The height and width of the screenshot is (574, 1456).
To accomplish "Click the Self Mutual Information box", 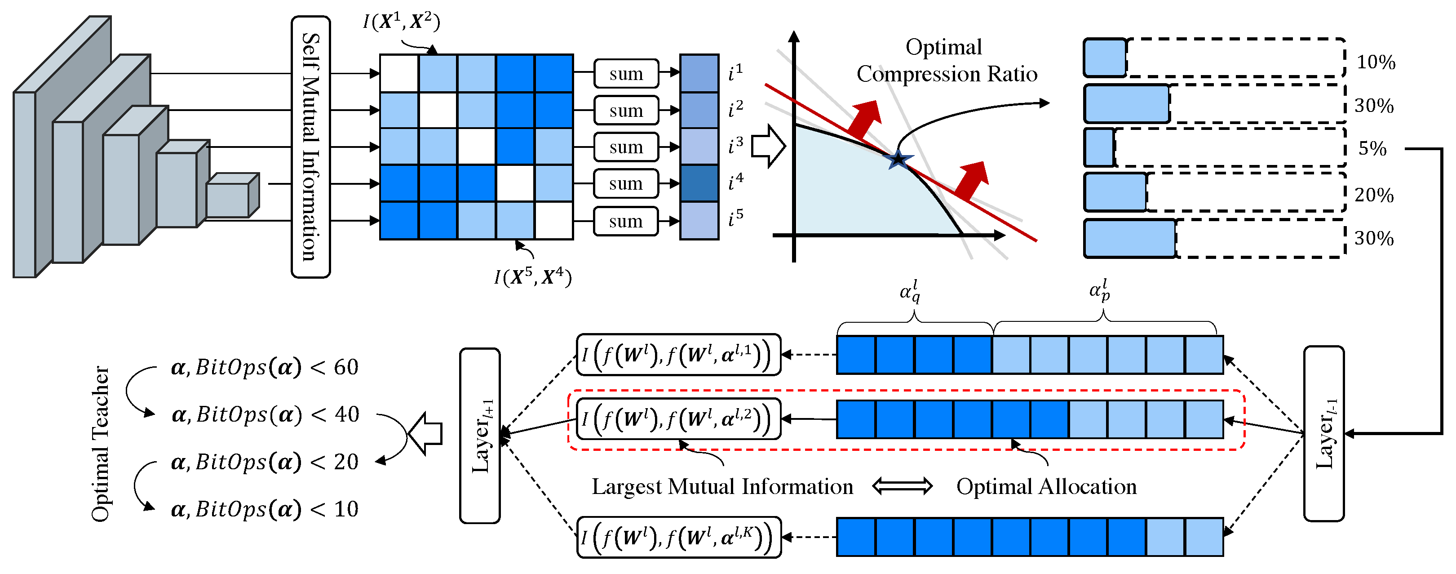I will tap(310, 147).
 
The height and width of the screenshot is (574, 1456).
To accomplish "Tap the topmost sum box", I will tap(626, 74).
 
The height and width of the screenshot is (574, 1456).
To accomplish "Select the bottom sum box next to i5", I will tap(626, 221).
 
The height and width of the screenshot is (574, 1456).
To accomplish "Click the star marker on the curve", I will tap(898, 160).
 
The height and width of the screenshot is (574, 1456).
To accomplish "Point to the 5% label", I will tap(1372, 149).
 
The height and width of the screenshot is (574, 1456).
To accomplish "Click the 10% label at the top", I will tap(1376, 62).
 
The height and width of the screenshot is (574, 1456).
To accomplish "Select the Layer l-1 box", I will tap(1324, 433).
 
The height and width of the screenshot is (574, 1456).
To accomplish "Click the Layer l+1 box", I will tap(480, 436).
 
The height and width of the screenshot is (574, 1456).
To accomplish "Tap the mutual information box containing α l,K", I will tap(678, 537).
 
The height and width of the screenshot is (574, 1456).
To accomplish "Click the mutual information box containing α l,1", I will tap(678, 355).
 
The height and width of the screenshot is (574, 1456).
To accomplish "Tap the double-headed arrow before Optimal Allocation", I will tap(902, 486).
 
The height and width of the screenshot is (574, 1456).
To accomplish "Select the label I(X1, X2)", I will tap(401, 22).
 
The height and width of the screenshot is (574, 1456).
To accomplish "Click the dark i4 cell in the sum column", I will tap(699, 183).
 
